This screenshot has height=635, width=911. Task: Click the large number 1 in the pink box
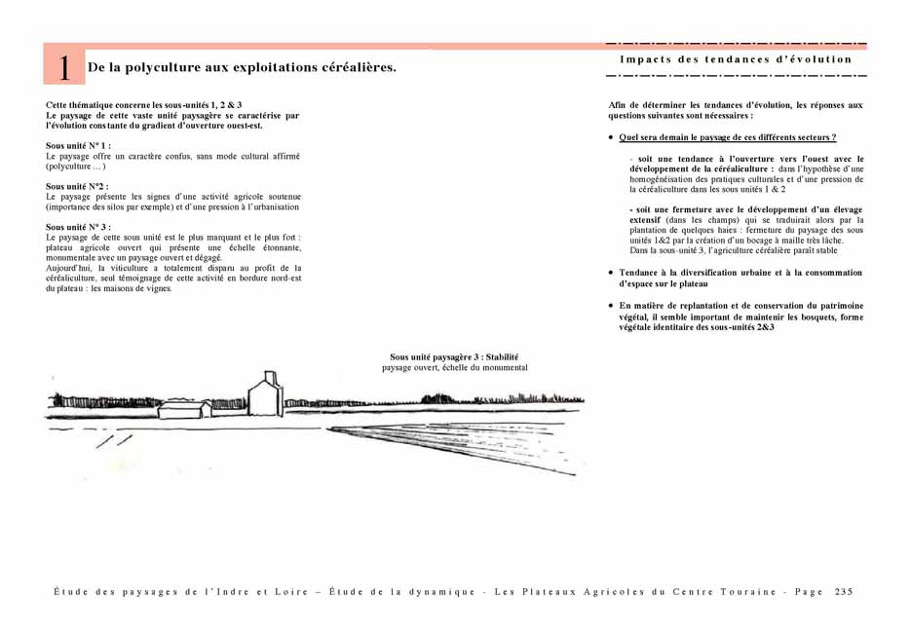pyautogui.click(x=63, y=67)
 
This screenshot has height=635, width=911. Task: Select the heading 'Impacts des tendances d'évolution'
pyautogui.click(x=736, y=59)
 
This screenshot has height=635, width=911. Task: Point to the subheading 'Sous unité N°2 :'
pyautogui.click(x=77, y=186)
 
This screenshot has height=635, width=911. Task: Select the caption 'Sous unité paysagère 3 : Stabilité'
pyautogui.click(x=453, y=357)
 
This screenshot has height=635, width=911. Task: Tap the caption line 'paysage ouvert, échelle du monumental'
pyautogui.click(x=454, y=368)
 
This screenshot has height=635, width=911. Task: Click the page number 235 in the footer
pyautogui.click(x=844, y=591)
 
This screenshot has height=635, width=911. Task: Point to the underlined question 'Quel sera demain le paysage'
pyautogui.click(x=727, y=137)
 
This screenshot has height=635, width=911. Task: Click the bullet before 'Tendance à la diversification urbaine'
pyautogui.click(x=611, y=274)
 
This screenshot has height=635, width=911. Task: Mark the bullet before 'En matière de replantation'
pyautogui.click(x=611, y=306)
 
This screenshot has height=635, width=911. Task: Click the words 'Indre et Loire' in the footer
pyautogui.click(x=263, y=591)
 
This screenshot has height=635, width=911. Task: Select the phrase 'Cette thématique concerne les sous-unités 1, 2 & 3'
pyautogui.click(x=143, y=104)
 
